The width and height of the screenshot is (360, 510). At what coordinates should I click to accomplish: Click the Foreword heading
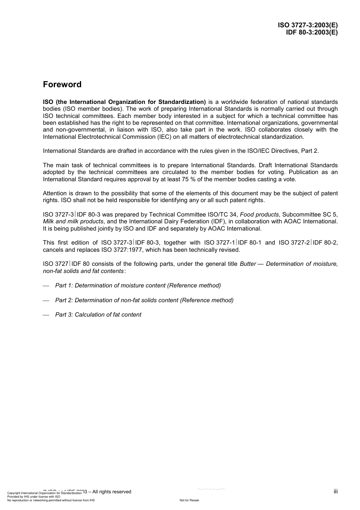(62, 85)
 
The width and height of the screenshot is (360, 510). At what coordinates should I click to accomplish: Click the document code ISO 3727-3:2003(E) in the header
(307, 25)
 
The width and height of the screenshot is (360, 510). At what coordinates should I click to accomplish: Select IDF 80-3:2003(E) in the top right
(311, 32)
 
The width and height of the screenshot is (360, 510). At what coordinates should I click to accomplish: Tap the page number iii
(335, 491)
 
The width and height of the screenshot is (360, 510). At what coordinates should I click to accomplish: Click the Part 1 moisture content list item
(138, 286)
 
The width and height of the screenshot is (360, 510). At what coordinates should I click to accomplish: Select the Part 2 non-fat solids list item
(144, 300)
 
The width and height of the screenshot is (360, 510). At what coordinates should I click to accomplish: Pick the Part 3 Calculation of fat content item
(98, 315)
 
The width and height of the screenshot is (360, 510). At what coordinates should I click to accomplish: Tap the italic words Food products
(259, 215)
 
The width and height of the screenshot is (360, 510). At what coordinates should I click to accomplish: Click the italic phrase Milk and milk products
(73, 221)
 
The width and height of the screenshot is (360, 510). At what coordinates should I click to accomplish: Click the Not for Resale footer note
(189, 500)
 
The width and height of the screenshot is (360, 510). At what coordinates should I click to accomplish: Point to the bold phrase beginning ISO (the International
(124, 102)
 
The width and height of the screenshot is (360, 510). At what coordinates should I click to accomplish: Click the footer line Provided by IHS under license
(34, 496)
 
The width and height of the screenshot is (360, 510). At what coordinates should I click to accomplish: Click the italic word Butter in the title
(248, 264)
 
